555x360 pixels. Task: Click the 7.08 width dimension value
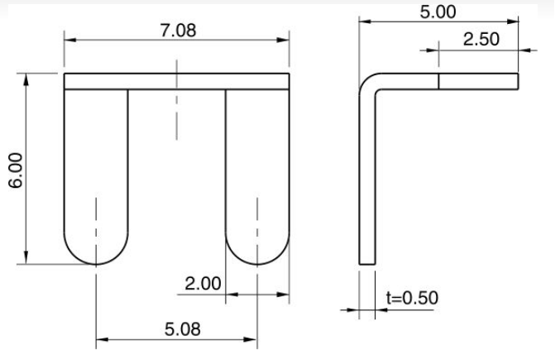[178, 31]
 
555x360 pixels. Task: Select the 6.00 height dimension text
[17, 170]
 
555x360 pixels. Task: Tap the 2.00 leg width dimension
[203, 284]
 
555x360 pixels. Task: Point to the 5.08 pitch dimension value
[182, 329]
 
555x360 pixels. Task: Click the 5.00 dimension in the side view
[438, 12]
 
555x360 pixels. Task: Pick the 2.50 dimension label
[481, 39]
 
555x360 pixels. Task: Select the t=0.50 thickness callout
[413, 298]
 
